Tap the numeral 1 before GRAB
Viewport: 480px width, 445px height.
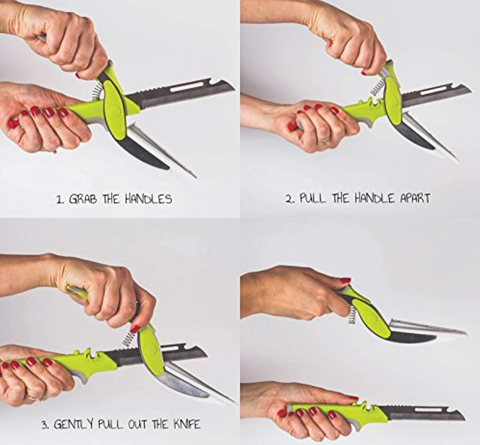tap(59, 200)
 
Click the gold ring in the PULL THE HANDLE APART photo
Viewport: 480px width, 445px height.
tap(324, 141)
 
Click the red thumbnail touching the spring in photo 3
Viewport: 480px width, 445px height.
tap(135, 329)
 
